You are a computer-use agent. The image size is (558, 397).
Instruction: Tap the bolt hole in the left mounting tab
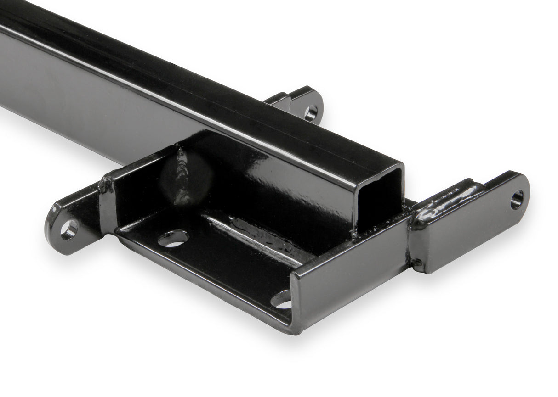coord(69,229)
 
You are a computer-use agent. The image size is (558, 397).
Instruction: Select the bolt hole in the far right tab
coord(517,200)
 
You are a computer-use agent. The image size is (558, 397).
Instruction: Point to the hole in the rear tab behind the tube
coord(311,113)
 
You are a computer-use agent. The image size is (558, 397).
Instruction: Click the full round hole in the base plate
coord(173,238)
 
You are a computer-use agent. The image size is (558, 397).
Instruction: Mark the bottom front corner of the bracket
coord(292,330)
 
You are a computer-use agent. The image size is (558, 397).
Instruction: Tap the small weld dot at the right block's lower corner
coord(416,264)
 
